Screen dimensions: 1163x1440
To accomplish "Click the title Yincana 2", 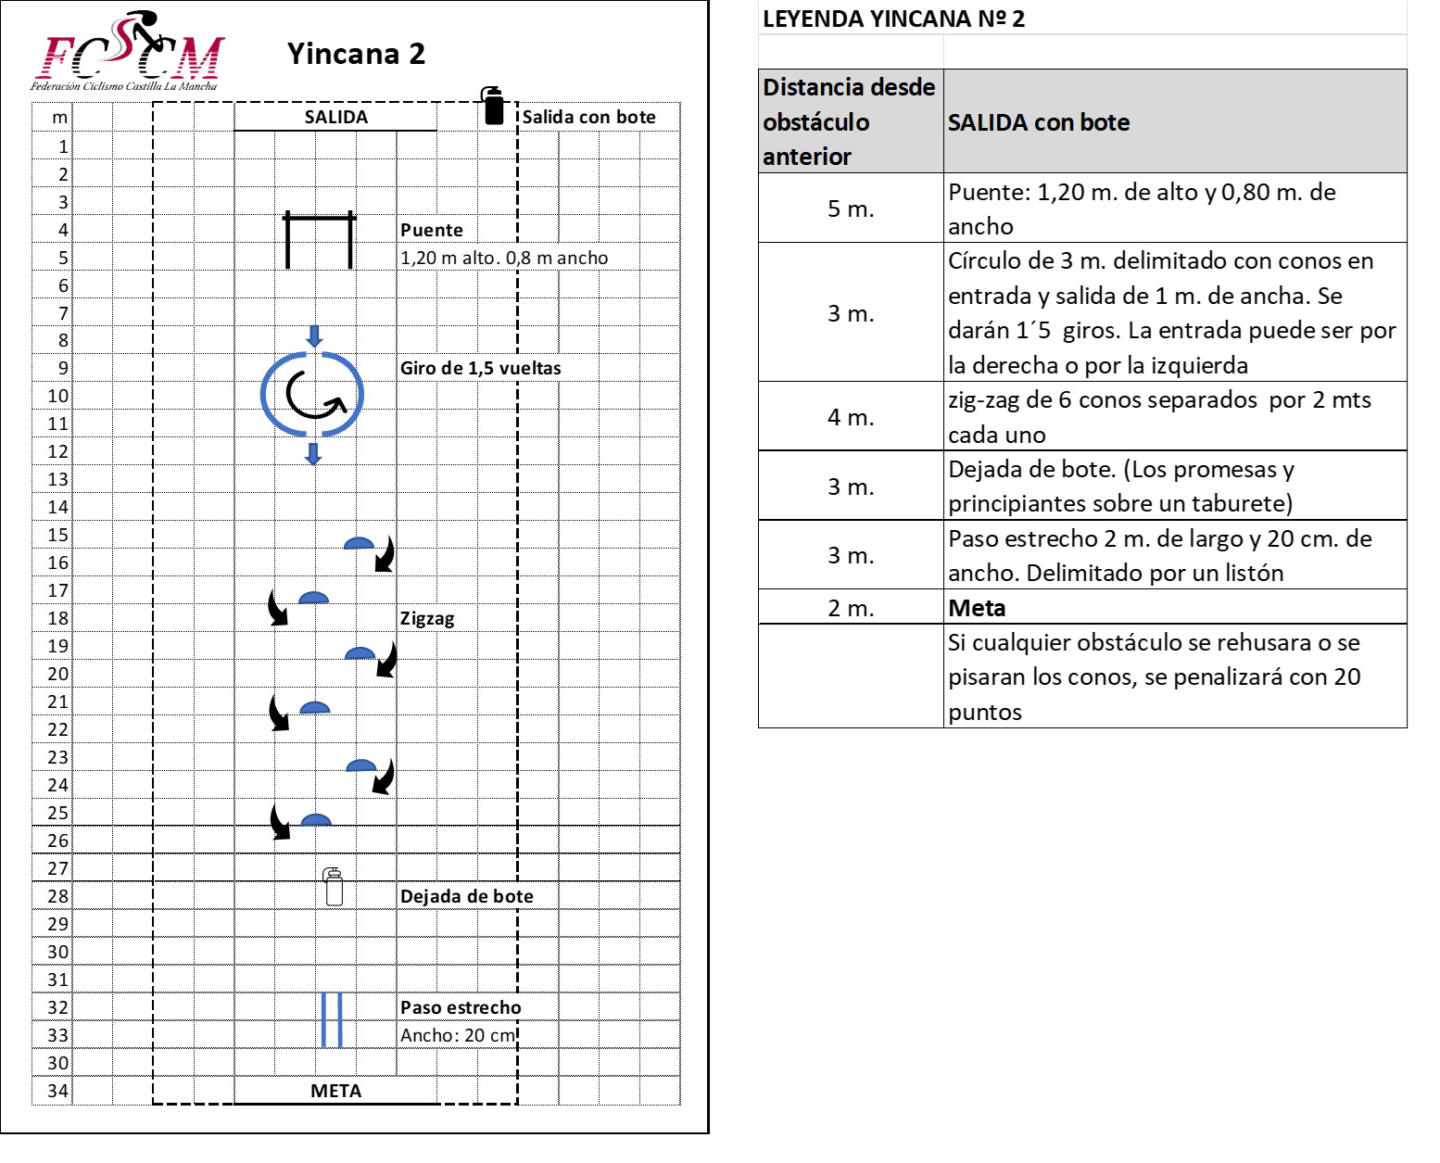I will point(356,54).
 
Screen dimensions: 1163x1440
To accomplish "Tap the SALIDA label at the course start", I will point(335,117).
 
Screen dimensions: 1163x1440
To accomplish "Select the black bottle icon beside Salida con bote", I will point(492,106).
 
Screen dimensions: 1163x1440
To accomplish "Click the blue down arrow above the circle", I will point(314,335).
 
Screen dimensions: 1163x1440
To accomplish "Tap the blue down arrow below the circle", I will point(313,453).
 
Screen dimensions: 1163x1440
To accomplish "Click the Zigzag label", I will point(427,618).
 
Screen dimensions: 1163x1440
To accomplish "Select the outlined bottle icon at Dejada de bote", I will point(334,887).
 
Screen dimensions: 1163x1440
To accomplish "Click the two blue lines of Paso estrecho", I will point(332,1019).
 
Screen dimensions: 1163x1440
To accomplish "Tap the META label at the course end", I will point(335,1091).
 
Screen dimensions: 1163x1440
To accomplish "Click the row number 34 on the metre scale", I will point(57,1091).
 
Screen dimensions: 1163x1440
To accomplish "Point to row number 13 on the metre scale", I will point(57,479).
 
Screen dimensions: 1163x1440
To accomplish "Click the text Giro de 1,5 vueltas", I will point(480,368).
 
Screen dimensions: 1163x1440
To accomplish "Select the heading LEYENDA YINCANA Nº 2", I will point(893,19).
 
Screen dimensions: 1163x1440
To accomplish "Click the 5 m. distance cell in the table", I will point(851,209).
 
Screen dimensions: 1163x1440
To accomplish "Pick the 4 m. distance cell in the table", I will point(851,417).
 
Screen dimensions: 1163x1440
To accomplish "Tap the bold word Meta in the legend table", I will point(977,608).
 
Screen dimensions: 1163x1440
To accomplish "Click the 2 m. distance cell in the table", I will point(851,608).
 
